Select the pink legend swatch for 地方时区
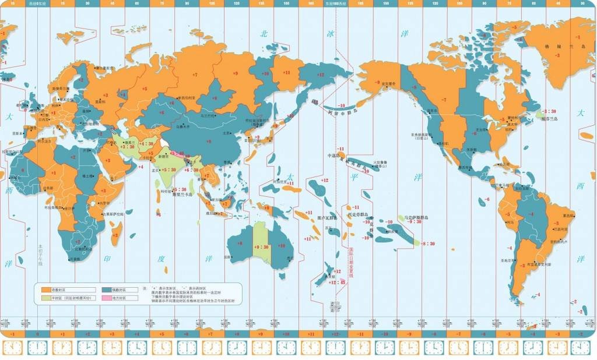pyautogui.click(x=107, y=298)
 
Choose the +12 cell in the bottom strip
pyautogui.click(x=336, y=334)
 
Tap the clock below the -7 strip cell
pyautogui.click(x=460, y=348)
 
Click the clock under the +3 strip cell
pyautogui.click(x=112, y=348)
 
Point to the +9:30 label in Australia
pyautogui.click(x=261, y=247)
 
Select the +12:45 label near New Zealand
pyautogui.click(x=337, y=282)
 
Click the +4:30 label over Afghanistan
pyautogui.click(x=146, y=143)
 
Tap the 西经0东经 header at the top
pyautogui.click(x=37, y=3)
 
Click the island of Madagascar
pyautogui.click(x=115, y=233)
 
